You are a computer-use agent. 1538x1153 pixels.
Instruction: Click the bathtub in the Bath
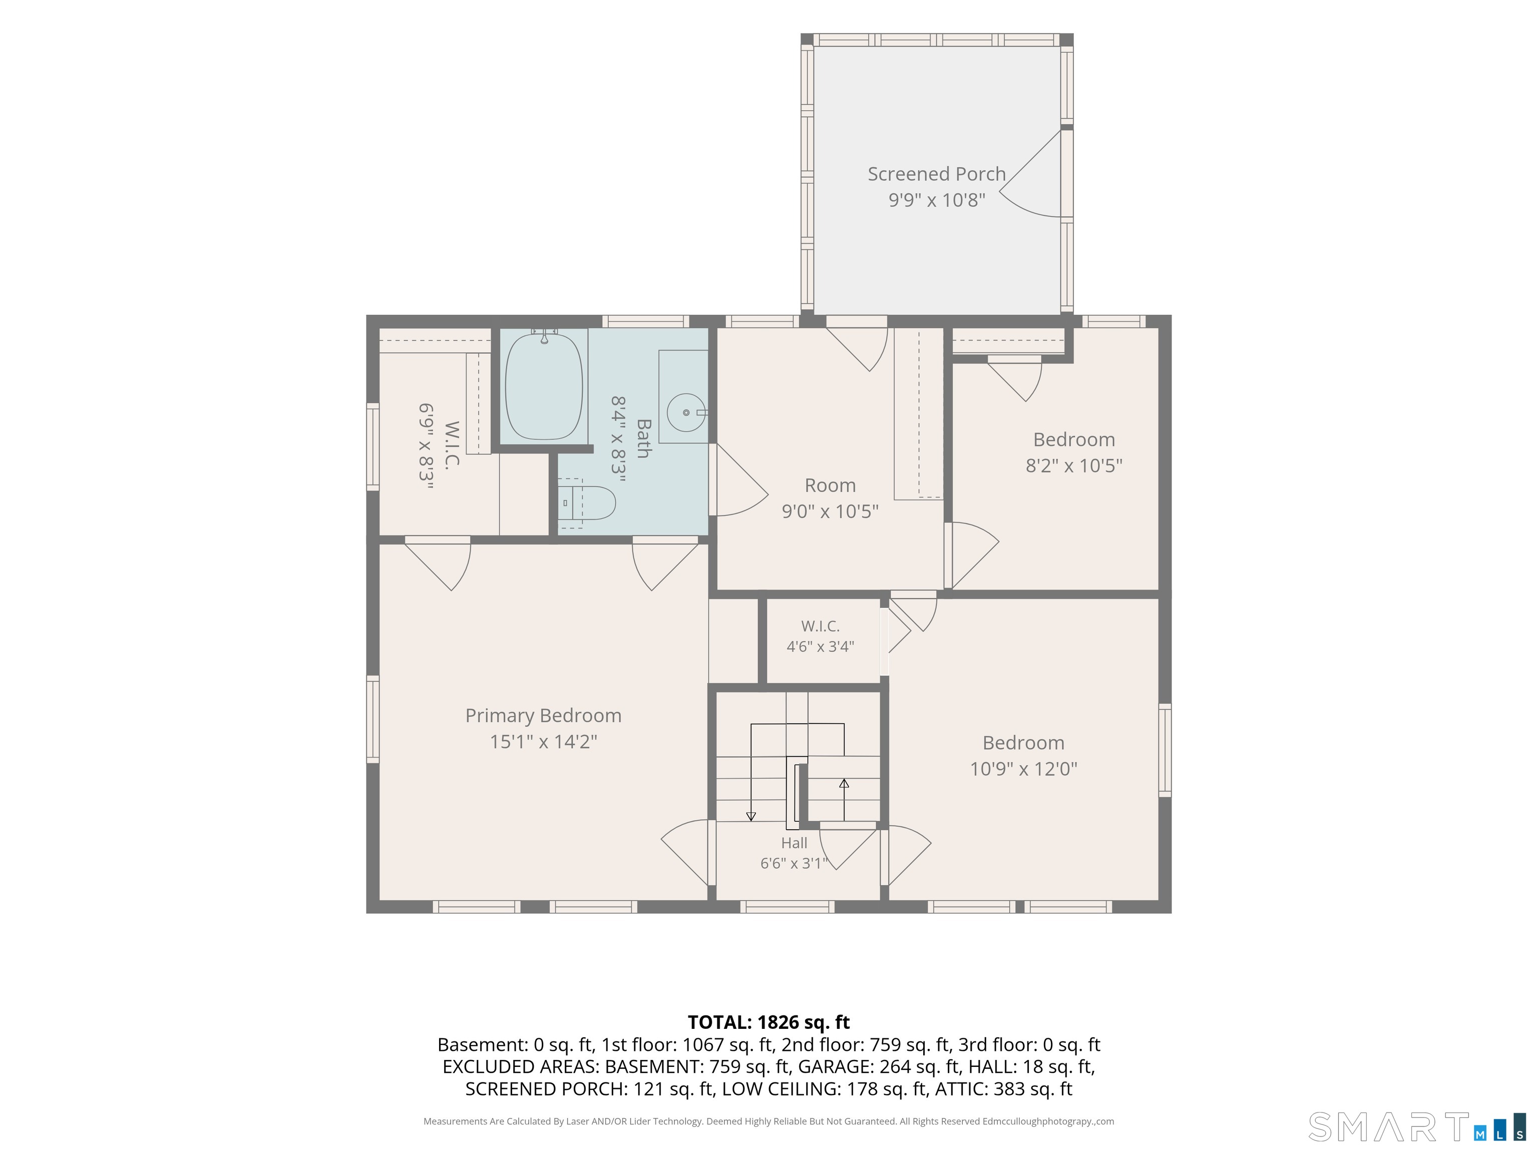click(544, 386)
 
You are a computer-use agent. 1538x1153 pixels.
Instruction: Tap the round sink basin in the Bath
click(686, 413)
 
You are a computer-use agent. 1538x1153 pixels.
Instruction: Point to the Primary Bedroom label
click(543, 715)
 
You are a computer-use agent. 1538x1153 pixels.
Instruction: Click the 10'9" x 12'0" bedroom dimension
click(1023, 769)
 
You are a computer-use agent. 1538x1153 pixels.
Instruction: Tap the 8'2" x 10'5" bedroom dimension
click(1074, 465)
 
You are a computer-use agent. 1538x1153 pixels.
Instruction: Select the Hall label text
click(794, 843)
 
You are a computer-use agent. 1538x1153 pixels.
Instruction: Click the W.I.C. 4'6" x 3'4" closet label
click(821, 636)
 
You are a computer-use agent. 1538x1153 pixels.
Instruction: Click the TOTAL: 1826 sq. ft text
click(768, 1022)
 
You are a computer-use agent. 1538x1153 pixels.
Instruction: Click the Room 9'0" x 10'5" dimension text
click(830, 511)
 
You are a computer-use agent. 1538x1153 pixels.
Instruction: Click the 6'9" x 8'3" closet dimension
click(426, 446)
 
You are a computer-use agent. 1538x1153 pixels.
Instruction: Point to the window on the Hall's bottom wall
click(787, 907)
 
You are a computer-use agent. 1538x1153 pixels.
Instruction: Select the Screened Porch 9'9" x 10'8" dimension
click(937, 200)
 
